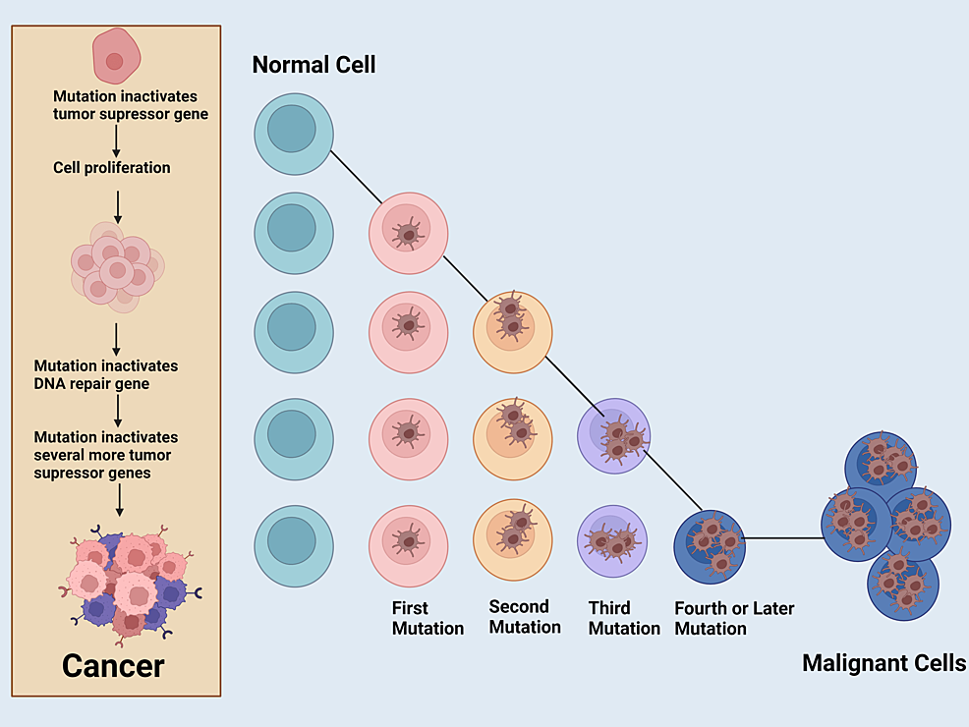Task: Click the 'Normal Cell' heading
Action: pyautogui.click(x=313, y=66)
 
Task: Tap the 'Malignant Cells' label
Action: pyautogui.click(x=883, y=662)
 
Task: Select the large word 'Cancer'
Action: pyautogui.click(x=113, y=665)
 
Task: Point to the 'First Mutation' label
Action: pyautogui.click(x=427, y=618)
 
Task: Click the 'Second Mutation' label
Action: pyautogui.click(x=525, y=617)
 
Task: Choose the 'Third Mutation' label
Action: pyautogui.click(x=624, y=618)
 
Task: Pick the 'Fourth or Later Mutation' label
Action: pyautogui.click(x=734, y=618)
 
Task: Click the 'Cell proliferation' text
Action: pyautogui.click(x=112, y=168)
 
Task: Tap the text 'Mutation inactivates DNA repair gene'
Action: pyautogui.click(x=106, y=374)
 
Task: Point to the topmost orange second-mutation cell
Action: pyautogui.click(x=512, y=331)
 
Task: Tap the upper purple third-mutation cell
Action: pyautogui.click(x=614, y=434)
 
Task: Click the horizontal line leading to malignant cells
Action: pyautogui.click(x=783, y=538)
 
